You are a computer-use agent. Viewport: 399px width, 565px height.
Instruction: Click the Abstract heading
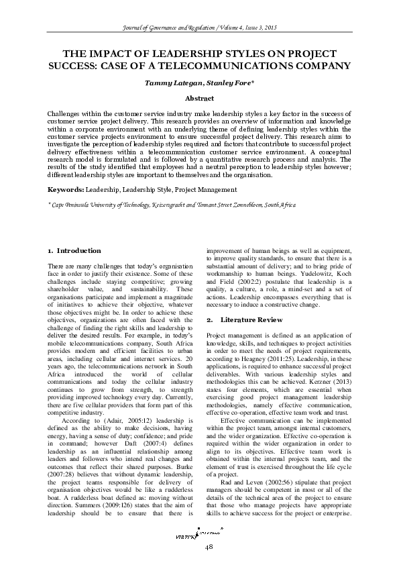click(x=199, y=97)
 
